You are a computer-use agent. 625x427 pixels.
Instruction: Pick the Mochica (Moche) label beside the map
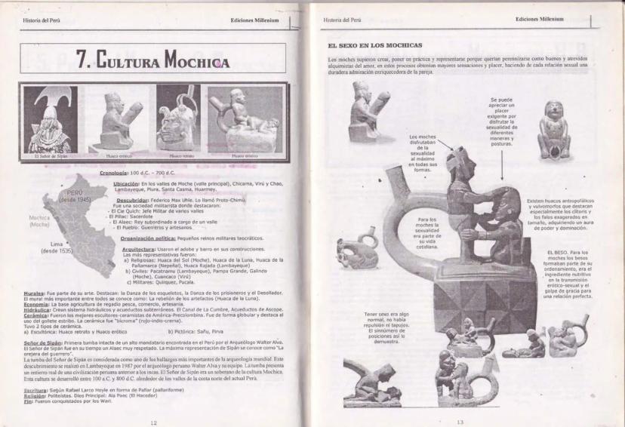tap(39, 221)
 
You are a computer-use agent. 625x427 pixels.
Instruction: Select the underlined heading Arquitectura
tap(138, 248)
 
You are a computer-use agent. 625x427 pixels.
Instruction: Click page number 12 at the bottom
tap(153, 422)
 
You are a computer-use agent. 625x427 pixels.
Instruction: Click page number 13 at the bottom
tap(460, 422)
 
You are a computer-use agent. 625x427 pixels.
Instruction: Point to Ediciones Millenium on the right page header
tap(541, 18)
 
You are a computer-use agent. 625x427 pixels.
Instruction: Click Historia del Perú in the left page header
tap(42, 20)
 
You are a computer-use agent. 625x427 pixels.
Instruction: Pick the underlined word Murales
tap(33, 292)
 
